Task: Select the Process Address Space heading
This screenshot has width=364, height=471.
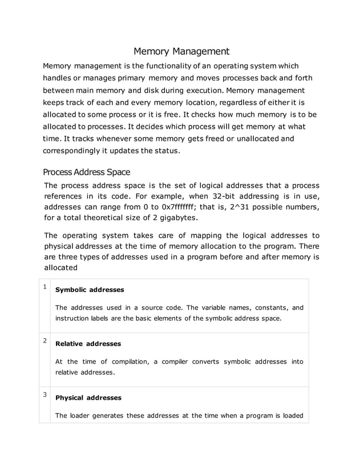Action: (x=87, y=172)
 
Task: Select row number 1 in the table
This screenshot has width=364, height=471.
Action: (x=45, y=286)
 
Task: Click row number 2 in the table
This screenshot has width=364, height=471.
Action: (x=45, y=340)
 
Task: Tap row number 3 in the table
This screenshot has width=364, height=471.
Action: (x=45, y=394)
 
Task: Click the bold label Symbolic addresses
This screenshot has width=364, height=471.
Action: (x=90, y=290)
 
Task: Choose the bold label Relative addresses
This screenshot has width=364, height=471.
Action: (x=88, y=344)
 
